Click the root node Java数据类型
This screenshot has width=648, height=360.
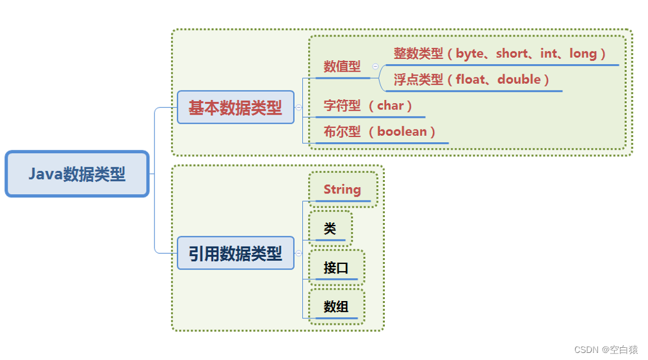click(77, 174)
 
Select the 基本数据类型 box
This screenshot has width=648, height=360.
click(235, 108)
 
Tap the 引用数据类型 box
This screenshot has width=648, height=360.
click(235, 254)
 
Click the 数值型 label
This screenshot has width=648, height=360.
click(342, 67)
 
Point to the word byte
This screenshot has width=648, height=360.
click(469, 54)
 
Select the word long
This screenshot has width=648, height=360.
click(583, 54)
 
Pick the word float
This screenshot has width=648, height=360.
click(471, 79)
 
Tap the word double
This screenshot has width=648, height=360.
click(519, 79)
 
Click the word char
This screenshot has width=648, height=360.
click(390, 106)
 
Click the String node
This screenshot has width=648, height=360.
click(342, 190)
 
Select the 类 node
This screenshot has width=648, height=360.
click(330, 229)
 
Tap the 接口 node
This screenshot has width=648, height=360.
click(336, 268)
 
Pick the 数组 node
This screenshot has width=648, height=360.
click(336, 307)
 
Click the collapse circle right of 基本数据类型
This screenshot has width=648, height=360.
click(298, 108)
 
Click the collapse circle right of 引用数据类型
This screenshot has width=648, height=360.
click(298, 254)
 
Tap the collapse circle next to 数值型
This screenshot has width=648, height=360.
click(375, 67)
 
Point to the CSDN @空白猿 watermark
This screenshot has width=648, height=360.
click(606, 350)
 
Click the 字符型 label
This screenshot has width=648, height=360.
click(342, 106)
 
